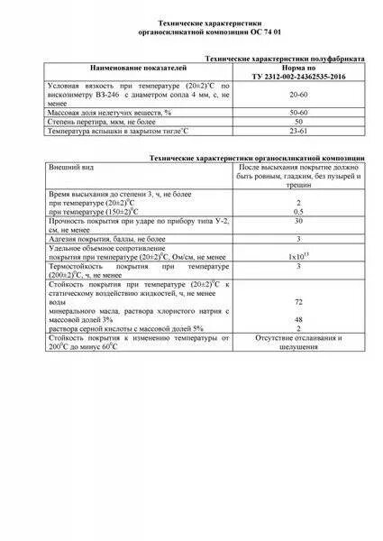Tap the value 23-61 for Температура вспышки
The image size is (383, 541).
(x=297, y=130)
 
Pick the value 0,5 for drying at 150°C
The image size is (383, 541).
(x=297, y=211)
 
